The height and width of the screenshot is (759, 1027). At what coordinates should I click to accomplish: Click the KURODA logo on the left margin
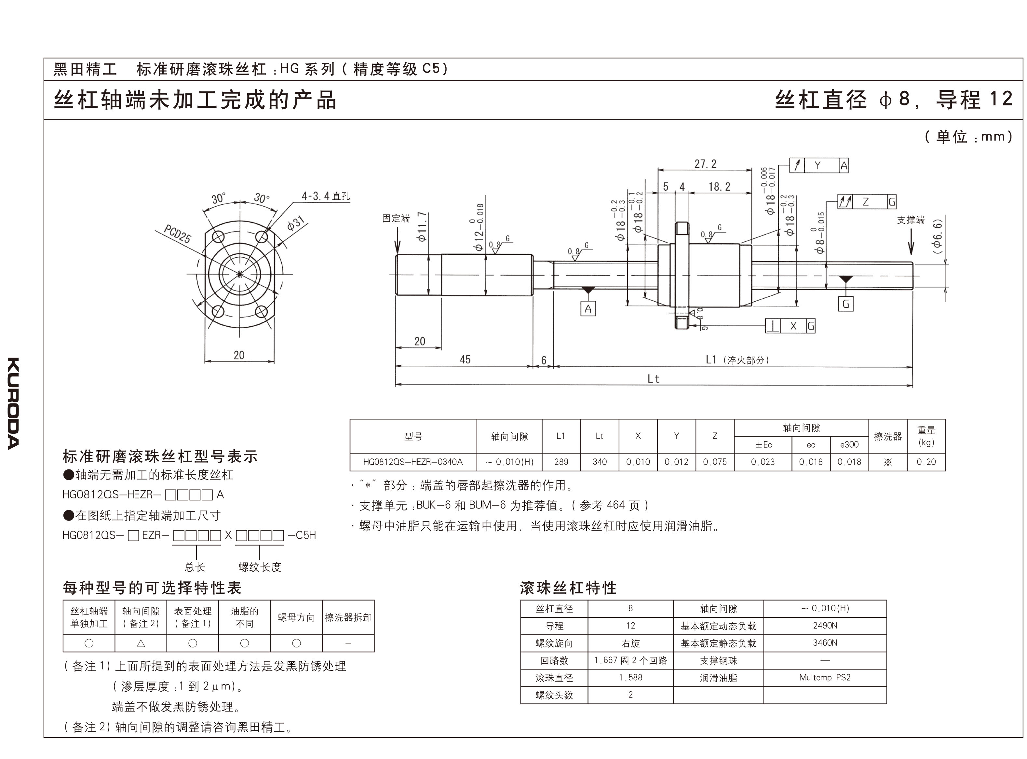(13, 403)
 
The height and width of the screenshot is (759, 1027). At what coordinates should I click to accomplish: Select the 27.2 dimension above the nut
(705, 164)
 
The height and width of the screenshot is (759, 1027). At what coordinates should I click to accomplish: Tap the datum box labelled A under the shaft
(588, 309)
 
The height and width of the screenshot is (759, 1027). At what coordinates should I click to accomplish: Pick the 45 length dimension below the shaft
(465, 359)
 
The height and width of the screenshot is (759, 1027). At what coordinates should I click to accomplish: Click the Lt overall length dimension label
(653, 379)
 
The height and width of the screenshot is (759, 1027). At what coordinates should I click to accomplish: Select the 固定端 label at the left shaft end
(396, 218)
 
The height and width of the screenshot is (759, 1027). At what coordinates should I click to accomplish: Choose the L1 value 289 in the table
(561, 462)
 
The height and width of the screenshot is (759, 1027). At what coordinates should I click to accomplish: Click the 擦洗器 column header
(887, 437)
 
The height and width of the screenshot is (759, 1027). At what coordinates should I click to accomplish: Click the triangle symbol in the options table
(141, 643)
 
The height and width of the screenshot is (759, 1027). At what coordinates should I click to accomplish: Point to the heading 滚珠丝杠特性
(568, 588)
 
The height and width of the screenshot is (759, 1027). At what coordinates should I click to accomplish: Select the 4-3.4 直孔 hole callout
(326, 196)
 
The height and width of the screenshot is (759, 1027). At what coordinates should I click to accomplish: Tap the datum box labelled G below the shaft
(845, 304)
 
